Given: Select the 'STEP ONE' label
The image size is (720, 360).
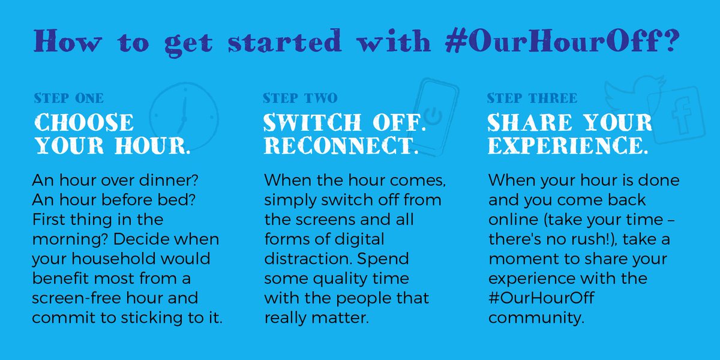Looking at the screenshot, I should click(68, 98).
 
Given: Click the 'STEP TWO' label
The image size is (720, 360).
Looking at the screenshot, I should click(300, 98).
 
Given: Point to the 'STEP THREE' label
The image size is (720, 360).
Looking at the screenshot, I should click(532, 98).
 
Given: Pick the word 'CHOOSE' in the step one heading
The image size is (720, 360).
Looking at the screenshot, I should click(83, 123).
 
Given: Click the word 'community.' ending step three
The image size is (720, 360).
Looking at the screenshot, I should click(536, 317).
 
